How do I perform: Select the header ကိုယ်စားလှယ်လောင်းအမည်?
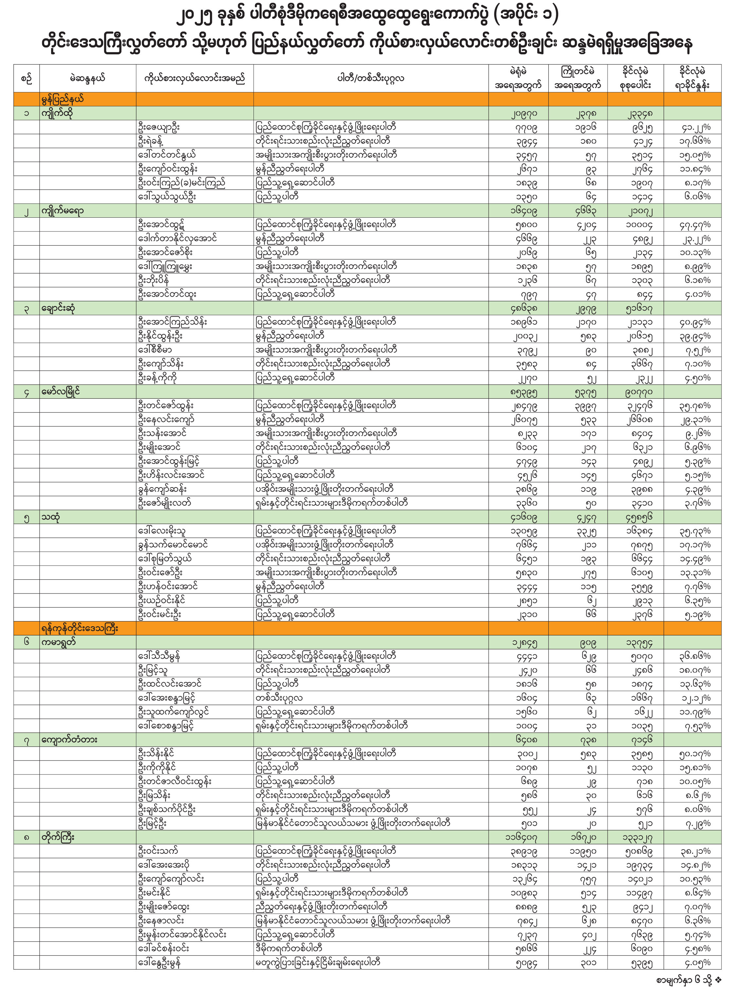(195, 79)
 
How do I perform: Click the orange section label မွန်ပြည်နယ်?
(62, 99)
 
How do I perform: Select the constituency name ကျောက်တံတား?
(69, 740)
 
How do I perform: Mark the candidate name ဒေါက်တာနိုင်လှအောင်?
(178, 238)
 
